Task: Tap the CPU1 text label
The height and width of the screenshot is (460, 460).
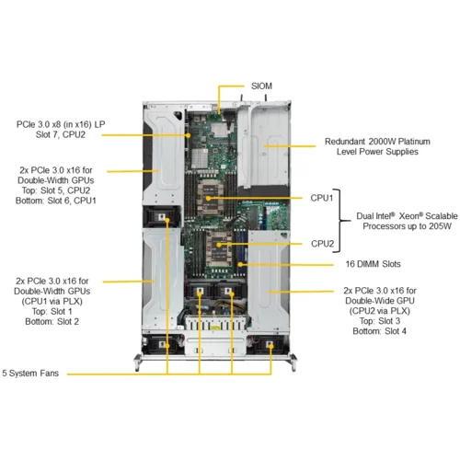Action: [322, 196]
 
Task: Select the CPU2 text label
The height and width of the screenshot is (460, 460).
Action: [322, 244]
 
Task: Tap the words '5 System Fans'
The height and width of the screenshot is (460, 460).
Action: [34, 374]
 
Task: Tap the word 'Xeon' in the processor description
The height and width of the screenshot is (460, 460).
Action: [414, 213]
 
